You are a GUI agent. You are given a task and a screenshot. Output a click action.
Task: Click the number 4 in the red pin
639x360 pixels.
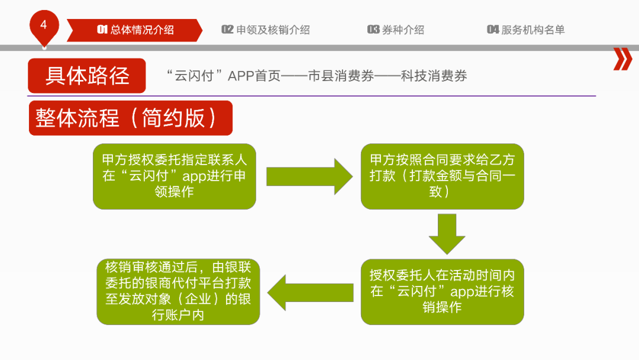43,25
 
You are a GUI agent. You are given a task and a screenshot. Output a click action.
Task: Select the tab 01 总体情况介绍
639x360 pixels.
135,30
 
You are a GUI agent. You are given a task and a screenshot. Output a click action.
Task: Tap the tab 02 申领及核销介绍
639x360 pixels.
266,30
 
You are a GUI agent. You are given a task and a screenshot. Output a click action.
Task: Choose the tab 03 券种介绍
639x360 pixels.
396,30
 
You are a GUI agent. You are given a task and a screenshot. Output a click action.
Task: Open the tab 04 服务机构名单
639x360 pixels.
526,30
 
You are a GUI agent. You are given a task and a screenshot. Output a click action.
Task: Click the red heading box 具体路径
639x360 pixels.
87,76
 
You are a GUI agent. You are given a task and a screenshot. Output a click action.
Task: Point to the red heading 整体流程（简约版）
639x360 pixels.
130,118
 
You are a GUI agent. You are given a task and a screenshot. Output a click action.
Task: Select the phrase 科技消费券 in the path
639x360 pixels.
434,76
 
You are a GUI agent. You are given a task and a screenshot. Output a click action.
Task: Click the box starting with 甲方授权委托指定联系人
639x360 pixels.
175,176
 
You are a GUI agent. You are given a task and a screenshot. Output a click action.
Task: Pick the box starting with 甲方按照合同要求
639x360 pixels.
442,176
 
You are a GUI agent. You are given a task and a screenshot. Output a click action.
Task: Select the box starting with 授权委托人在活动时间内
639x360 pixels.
442,291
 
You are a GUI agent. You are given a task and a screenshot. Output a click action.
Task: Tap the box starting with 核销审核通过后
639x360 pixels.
178,291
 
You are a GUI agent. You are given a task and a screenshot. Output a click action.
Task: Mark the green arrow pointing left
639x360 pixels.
308,292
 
